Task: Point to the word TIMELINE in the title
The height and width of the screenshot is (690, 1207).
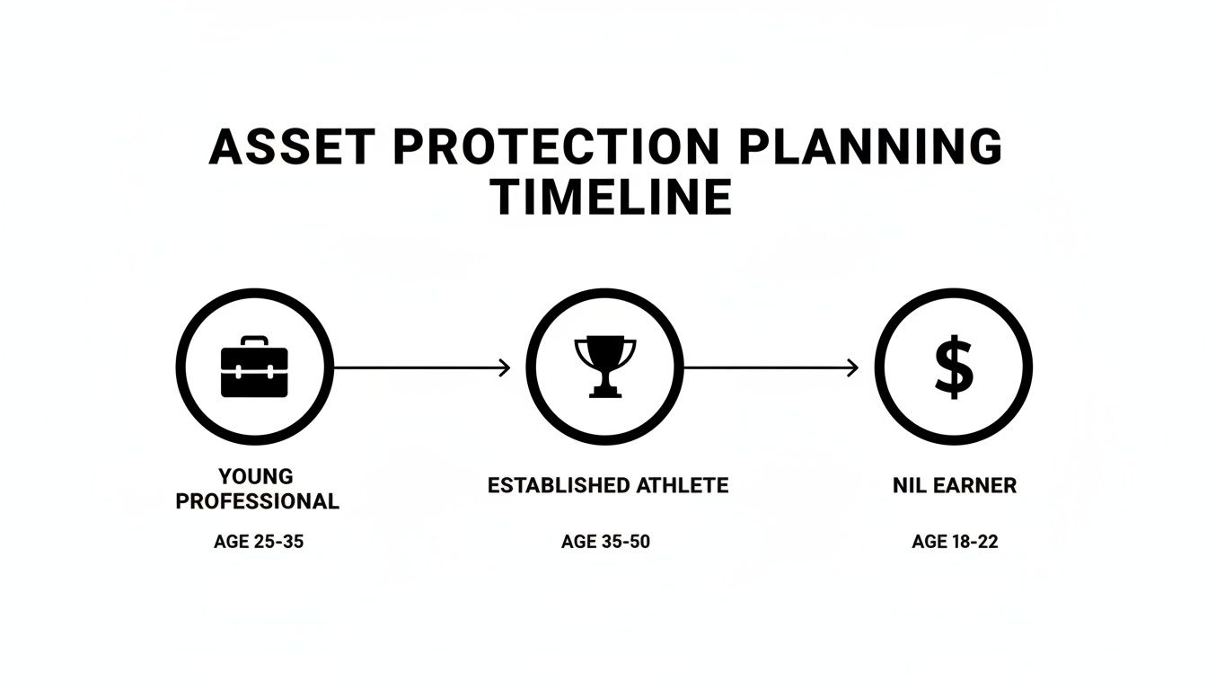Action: (x=612, y=198)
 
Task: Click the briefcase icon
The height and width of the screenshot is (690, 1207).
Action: (x=254, y=367)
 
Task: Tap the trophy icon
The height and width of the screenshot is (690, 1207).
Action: (x=604, y=366)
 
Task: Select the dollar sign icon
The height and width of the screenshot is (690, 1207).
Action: (x=954, y=367)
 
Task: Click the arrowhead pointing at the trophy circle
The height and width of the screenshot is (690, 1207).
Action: (x=505, y=367)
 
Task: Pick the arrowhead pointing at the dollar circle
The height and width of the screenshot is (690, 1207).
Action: (x=853, y=367)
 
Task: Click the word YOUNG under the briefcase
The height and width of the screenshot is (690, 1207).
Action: (x=256, y=476)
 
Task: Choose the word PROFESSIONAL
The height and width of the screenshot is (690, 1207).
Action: (x=258, y=501)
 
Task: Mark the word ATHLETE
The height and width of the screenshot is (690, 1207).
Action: (x=683, y=486)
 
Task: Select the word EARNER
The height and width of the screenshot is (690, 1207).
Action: (x=975, y=486)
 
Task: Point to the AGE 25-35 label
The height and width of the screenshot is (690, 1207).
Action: (x=259, y=542)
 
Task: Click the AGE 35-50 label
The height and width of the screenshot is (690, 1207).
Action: (x=605, y=542)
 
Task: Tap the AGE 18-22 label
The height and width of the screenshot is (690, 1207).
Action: (x=955, y=542)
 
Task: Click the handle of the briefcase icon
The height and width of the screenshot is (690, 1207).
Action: (x=254, y=341)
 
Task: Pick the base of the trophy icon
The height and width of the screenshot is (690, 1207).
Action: (x=604, y=392)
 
